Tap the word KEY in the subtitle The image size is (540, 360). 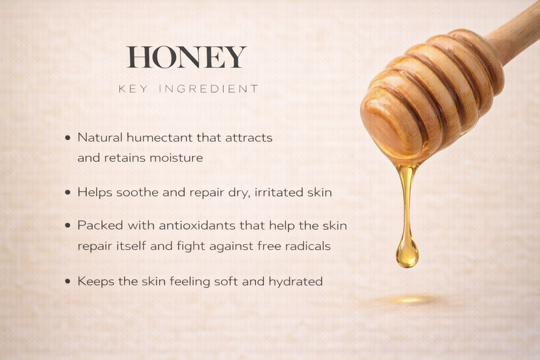(133, 89)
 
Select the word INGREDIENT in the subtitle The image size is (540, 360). (209, 89)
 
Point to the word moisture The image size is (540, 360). (176, 158)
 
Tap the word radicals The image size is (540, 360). (308, 246)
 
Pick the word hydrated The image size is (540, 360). (295, 281)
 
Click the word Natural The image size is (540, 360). (100, 138)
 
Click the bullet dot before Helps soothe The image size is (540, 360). (67, 193)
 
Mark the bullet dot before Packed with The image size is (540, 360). (67, 226)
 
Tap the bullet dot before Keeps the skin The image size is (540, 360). (67, 282)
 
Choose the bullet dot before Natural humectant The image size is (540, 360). (67, 138)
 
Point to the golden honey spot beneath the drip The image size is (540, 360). (409, 300)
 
